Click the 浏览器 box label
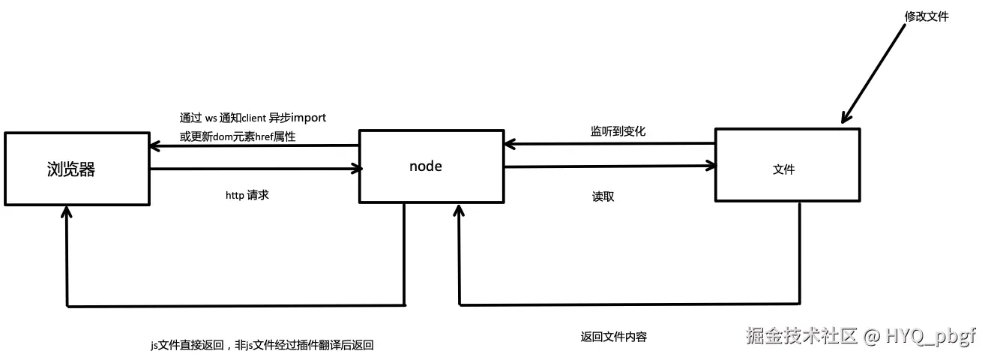pos(71,169)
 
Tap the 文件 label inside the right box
pos(783,169)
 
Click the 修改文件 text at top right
pos(927,16)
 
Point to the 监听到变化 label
pos(618,130)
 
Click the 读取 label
pos(603,196)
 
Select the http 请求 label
pos(247,194)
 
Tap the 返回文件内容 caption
pos(613,337)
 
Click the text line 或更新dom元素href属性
pos(238,136)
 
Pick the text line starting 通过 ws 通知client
pos(252,118)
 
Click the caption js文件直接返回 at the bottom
pos(262,345)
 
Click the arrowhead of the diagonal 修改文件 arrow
pos(846,118)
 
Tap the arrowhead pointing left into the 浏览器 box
pos(154,146)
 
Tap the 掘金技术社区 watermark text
pos(800,336)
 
